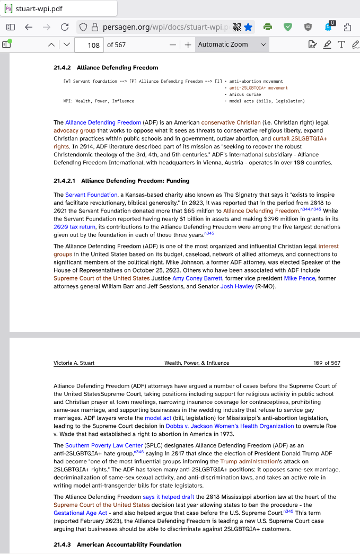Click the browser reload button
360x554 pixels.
pyautogui.click(x=65, y=27)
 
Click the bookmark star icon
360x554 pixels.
pyautogui.click(x=248, y=27)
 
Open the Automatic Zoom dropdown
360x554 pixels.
pyautogui.click(x=232, y=45)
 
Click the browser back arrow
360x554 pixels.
pyautogui.click(x=29, y=27)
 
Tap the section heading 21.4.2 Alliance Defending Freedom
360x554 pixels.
pyautogui.click(x=106, y=68)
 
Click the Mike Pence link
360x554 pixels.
pyautogui.click(x=299, y=278)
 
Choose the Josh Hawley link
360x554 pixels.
pyautogui.click(x=236, y=286)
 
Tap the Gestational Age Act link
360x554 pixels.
pyautogui.click(x=81, y=513)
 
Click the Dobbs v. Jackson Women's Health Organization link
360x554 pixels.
pyautogui.click(x=230, y=426)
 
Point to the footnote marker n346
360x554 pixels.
pyautogui.click(x=139, y=452)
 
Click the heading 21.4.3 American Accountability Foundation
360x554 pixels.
pyautogui.click(x=117, y=544)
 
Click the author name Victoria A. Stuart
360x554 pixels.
pyautogui.click(x=74, y=363)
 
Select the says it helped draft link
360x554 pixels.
pyautogui.click(x=169, y=497)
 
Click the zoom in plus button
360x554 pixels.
pyautogui.click(x=188, y=45)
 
